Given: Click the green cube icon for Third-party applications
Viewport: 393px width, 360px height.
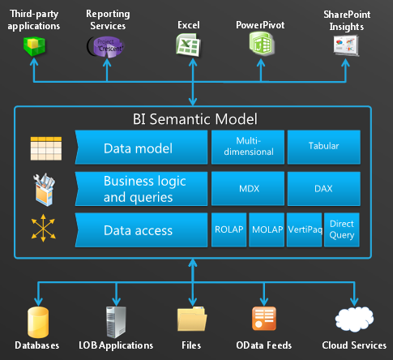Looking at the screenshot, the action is point(34,46).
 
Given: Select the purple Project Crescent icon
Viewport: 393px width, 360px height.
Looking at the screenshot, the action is point(105,47).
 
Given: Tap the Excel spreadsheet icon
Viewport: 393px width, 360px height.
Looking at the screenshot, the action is point(188,45).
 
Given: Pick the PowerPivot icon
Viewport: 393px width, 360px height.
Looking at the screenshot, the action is point(262,44).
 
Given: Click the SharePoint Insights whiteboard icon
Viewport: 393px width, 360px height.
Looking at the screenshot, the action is point(346,45).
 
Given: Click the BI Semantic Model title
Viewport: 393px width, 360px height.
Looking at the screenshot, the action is point(195,119).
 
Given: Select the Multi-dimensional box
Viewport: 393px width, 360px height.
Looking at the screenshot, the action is point(248,147).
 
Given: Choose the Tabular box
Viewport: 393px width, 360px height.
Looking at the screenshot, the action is point(324,147).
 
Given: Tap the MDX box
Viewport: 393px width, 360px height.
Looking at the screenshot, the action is point(248,188).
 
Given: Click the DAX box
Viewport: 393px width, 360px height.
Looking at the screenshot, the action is point(324,188).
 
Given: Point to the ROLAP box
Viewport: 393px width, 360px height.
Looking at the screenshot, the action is point(229,229).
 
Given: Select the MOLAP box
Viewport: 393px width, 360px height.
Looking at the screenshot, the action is point(267,229).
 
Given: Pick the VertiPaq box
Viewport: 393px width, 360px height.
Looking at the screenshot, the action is point(304,229).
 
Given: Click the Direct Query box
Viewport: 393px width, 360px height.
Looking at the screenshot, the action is point(342,229).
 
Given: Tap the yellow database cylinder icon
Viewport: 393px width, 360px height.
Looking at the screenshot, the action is point(38,322).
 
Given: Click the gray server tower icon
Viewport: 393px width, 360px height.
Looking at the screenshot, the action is point(116,322).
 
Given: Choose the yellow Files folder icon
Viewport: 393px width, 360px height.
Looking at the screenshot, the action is point(192,319).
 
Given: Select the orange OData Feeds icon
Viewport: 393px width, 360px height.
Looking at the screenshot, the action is point(264,319).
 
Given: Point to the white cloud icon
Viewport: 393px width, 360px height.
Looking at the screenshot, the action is point(354,319).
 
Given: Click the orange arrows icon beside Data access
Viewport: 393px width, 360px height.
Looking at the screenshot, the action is point(43,228).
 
